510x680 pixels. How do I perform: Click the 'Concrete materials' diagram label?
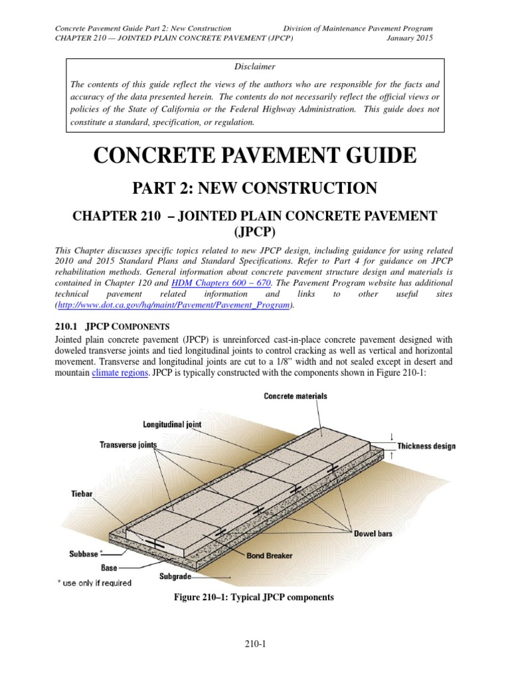click(x=296, y=396)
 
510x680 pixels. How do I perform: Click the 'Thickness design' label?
click(x=426, y=446)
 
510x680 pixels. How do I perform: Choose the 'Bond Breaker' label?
click(x=270, y=554)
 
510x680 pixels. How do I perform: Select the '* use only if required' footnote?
click(x=95, y=583)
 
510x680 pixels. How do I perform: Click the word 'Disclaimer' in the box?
click(x=254, y=66)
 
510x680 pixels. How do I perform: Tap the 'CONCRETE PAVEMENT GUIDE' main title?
click(x=255, y=156)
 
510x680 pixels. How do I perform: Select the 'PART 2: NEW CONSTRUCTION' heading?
click(x=255, y=188)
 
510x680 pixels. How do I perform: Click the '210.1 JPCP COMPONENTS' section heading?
click(x=112, y=326)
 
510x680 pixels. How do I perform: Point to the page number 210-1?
click(x=255, y=643)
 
